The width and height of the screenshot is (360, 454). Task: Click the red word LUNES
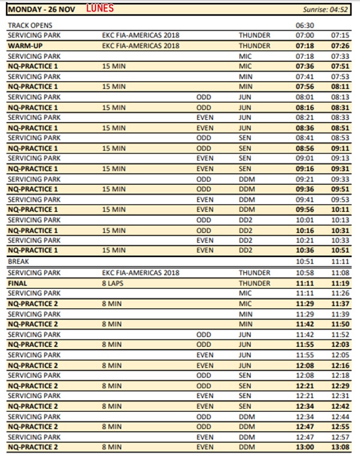[x=100, y=9]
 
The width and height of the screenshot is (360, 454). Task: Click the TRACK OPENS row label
[x=30, y=26]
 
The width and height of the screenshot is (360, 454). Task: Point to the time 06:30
[x=305, y=26]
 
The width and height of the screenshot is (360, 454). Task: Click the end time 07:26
[x=340, y=46]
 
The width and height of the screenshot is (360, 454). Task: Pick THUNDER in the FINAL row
[x=254, y=283]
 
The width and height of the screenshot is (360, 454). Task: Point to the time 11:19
[x=340, y=283]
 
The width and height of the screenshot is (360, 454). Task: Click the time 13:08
[x=340, y=447]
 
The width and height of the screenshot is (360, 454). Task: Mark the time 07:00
[x=305, y=35]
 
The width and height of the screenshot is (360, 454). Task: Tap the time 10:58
[x=305, y=273]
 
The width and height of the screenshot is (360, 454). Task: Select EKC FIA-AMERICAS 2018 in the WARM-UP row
[x=141, y=46]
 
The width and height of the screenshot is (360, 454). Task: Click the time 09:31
[x=340, y=169]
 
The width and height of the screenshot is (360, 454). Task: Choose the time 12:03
[x=340, y=344]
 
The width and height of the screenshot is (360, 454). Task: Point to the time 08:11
[x=340, y=86]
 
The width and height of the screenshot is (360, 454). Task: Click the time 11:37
[x=340, y=303]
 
